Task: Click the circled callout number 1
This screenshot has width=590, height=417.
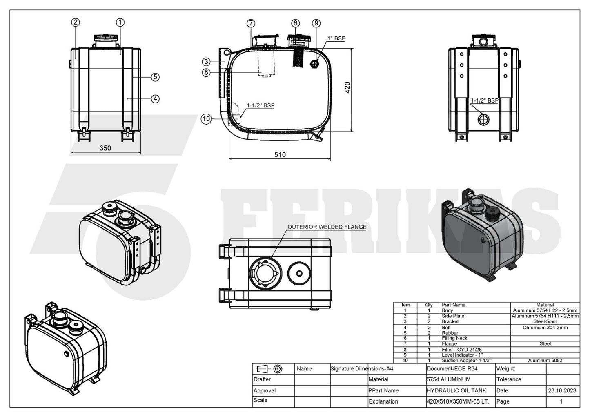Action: pos(120,22)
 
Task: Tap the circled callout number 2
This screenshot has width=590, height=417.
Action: pos(75,22)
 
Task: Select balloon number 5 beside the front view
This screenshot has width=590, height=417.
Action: pos(155,77)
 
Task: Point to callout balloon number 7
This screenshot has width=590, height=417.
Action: pos(251,23)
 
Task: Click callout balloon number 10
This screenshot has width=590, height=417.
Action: pos(206,119)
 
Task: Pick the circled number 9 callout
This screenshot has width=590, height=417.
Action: pos(316,23)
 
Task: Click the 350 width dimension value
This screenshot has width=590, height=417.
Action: pos(105,148)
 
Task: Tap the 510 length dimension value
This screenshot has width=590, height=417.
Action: pos(280,155)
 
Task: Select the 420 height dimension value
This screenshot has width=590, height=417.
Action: pos(347,87)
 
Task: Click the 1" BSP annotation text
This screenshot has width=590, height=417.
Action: pos(336,38)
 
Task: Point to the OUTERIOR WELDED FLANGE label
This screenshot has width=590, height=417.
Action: pos(327,227)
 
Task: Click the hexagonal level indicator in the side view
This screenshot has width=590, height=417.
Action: pos(314,64)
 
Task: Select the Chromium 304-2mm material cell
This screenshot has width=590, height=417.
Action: pos(545,327)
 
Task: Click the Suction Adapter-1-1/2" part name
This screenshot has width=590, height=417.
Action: pos(466,361)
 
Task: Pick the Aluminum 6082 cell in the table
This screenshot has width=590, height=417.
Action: pos(545,361)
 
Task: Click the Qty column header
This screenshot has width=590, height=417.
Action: pos(429,305)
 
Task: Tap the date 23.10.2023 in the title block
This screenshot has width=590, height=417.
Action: pos(562,390)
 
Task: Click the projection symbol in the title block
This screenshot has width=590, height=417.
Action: pos(271,369)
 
